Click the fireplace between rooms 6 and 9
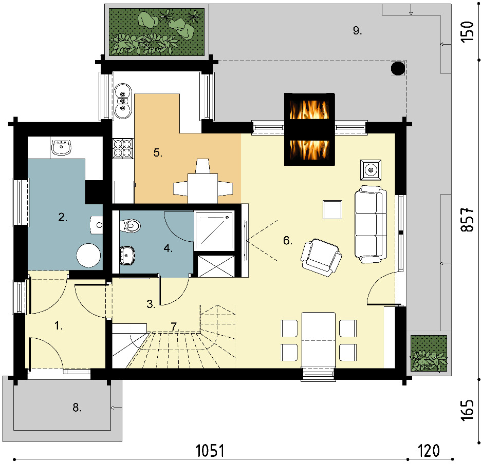pyautogui.click(x=309, y=129)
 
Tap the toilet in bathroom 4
pyautogui.click(x=130, y=226)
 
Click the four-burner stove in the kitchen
pyautogui.click(x=123, y=148)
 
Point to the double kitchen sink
pyautogui.click(x=123, y=101)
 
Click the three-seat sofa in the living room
pyautogui.click(x=371, y=224)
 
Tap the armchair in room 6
pyautogui.click(x=322, y=257)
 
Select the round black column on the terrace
pyautogui.click(x=398, y=68)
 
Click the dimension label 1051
pyautogui.click(x=210, y=451)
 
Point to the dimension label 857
pyautogui.click(x=468, y=219)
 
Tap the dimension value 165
pyautogui.click(x=468, y=410)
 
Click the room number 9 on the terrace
pyautogui.click(x=357, y=31)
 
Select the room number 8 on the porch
pyautogui.click(x=77, y=408)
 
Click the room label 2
pyautogui.click(x=63, y=217)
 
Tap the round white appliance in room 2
pyautogui.click(x=88, y=255)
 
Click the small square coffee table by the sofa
pyautogui.click(x=332, y=209)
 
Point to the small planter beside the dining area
pyautogui.click(x=429, y=353)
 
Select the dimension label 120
pyautogui.click(x=429, y=451)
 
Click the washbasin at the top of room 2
pyautogui.click(x=61, y=147)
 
